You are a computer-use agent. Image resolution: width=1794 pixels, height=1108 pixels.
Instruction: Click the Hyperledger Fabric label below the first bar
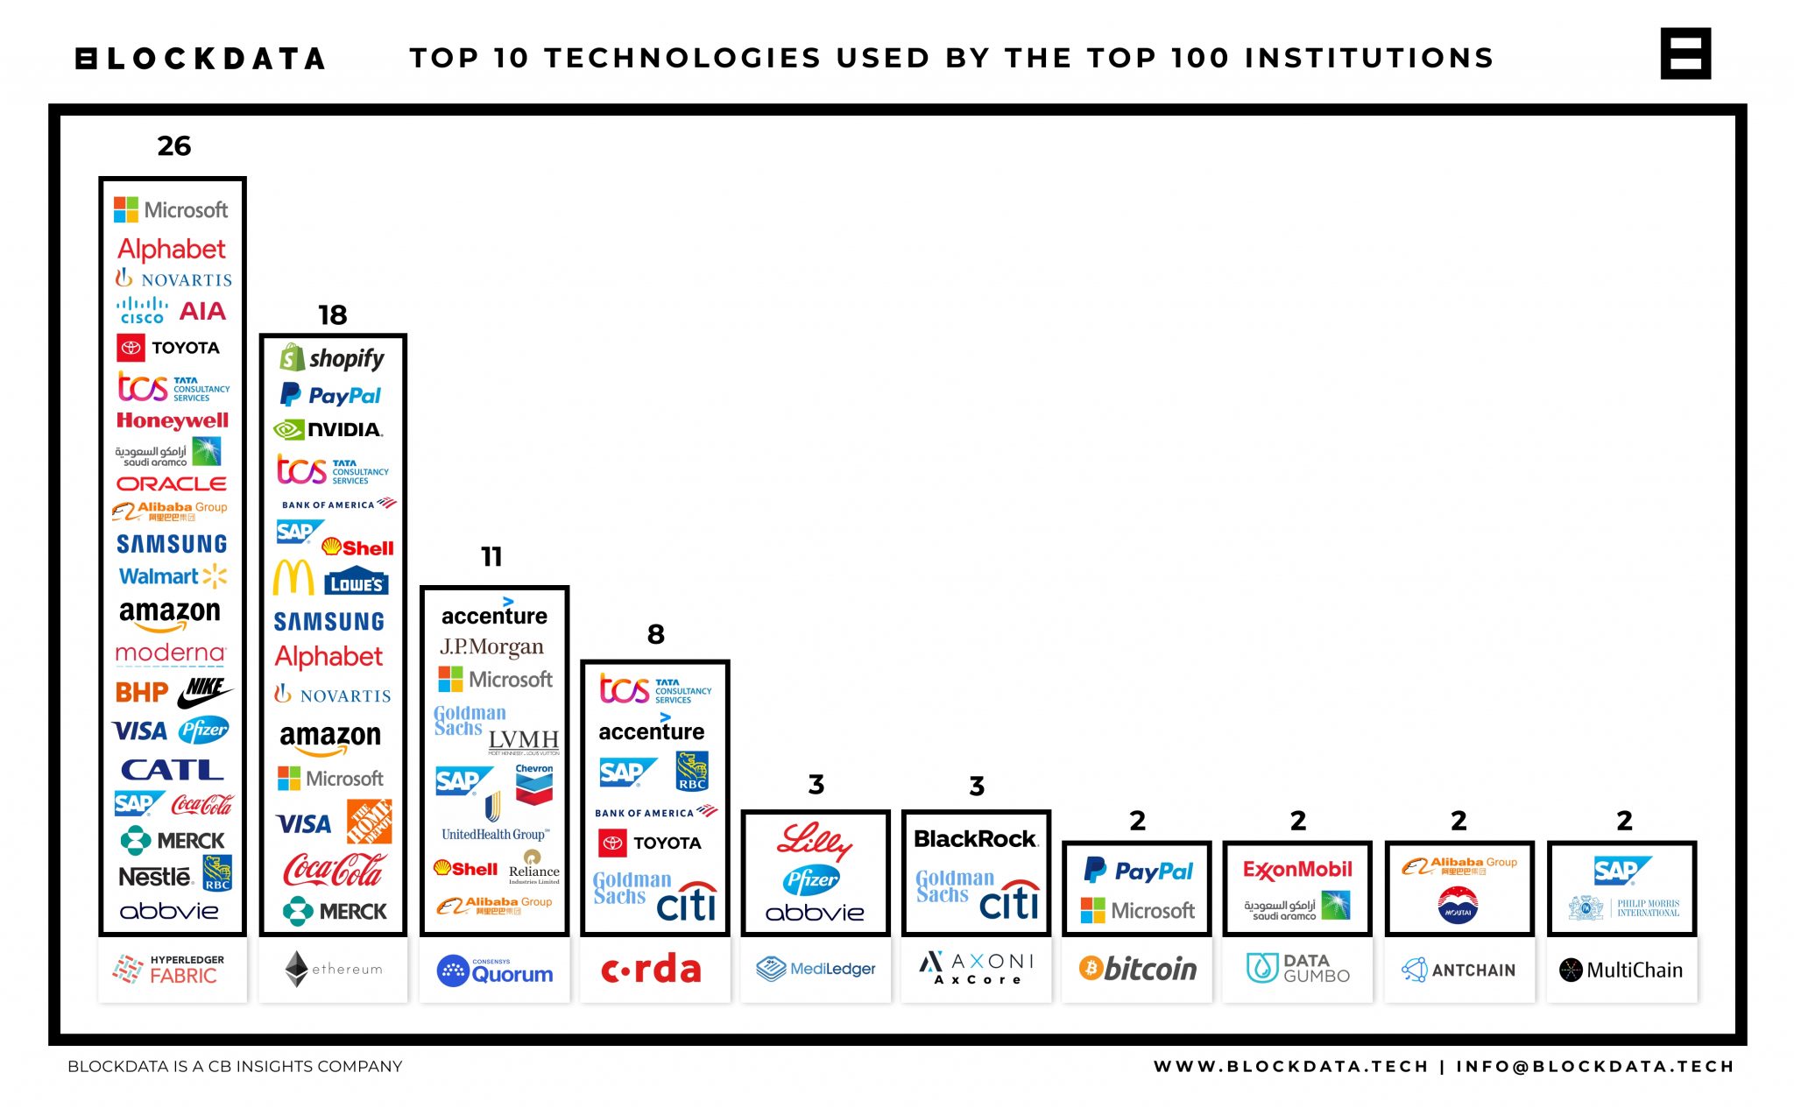(172, 969)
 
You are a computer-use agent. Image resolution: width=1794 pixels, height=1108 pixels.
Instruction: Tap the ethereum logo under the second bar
(333, 969)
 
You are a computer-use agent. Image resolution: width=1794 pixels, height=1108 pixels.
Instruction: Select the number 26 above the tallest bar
(173, 145)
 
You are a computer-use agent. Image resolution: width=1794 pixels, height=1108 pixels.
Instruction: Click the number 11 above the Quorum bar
(491, 556)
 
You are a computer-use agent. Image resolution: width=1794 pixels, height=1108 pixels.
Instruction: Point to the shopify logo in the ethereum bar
(332, 358)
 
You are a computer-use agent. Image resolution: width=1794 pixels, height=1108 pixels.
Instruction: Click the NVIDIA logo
(328, 429)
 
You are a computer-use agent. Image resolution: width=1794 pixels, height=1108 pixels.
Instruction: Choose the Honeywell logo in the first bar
(172, 420)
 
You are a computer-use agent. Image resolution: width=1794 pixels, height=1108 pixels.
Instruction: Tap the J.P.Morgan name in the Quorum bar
(491, 646)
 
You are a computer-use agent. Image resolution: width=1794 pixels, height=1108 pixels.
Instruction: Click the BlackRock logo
(975, 839)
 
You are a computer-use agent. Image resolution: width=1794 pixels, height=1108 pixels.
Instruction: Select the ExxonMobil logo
(1297, 870)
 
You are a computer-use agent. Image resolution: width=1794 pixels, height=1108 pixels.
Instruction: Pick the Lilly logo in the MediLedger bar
(814, 841)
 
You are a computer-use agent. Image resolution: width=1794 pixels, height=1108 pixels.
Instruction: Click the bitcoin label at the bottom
(1137, 969)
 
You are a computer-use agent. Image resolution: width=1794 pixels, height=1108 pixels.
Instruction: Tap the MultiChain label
(1621, 970)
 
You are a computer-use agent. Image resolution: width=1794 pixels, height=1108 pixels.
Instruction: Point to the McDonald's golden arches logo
(293, 578)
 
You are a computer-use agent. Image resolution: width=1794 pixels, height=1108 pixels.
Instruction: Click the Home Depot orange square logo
(369, 822)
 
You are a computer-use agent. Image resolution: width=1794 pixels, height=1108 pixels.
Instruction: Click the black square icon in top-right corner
(1685, 53)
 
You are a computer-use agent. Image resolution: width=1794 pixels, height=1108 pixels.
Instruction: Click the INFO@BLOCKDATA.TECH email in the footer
(1594, 1066)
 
